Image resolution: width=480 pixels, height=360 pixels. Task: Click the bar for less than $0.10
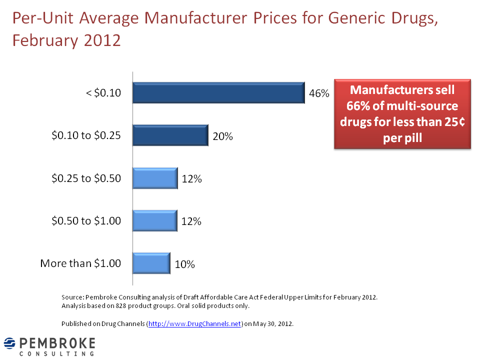(218, 92)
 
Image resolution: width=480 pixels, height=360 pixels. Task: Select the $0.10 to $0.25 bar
(170, 135)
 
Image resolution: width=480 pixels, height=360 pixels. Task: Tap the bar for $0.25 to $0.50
(155, 178)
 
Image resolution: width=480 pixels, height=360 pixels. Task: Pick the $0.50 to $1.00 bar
(155, 220)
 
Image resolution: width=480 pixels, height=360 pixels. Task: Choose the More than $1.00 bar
(151, 263)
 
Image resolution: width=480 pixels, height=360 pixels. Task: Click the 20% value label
(222, 136)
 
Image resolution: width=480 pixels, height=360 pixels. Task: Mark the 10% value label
(184, 264)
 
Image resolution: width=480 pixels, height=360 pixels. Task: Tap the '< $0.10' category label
(103, 93)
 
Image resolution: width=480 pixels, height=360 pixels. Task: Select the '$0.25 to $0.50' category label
(86, 178)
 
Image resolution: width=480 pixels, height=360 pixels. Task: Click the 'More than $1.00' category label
(80, 263)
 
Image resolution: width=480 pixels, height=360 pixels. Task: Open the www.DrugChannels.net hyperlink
(195, 324)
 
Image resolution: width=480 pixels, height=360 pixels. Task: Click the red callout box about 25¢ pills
(402, 113)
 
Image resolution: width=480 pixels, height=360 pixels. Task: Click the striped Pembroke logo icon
(10, 343)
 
